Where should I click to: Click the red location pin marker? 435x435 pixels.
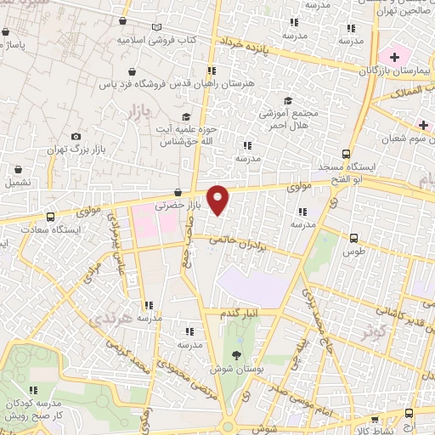(218, 199)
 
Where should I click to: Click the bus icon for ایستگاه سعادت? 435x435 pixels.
(51, 217)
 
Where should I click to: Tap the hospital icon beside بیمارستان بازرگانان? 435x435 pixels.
(393, 55)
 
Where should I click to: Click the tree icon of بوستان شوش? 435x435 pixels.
(235, 355)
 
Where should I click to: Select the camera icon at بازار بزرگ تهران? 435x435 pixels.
(76, 137)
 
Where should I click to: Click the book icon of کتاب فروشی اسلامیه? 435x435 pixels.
(156, 27)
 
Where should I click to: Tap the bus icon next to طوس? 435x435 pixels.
(354, 239)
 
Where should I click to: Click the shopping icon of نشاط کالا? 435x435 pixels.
(372, 420)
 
